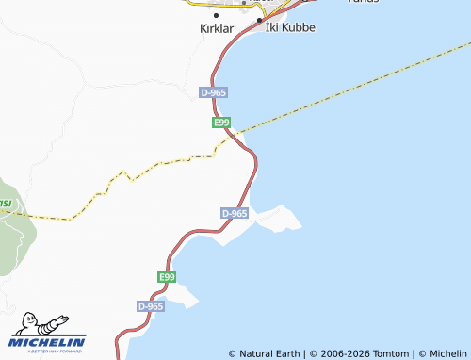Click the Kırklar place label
coord(217,29)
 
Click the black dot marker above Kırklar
coord(217,15)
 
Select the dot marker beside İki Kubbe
coord(259,19)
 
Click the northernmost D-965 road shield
coord(214,92)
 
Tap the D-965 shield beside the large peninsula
coord(235,214)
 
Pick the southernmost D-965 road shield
coord(151,306)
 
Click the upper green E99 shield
coord(221,123)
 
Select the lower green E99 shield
coord(167,276)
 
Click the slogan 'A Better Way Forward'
coord(47,351)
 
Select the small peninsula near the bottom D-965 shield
coord(184,297)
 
